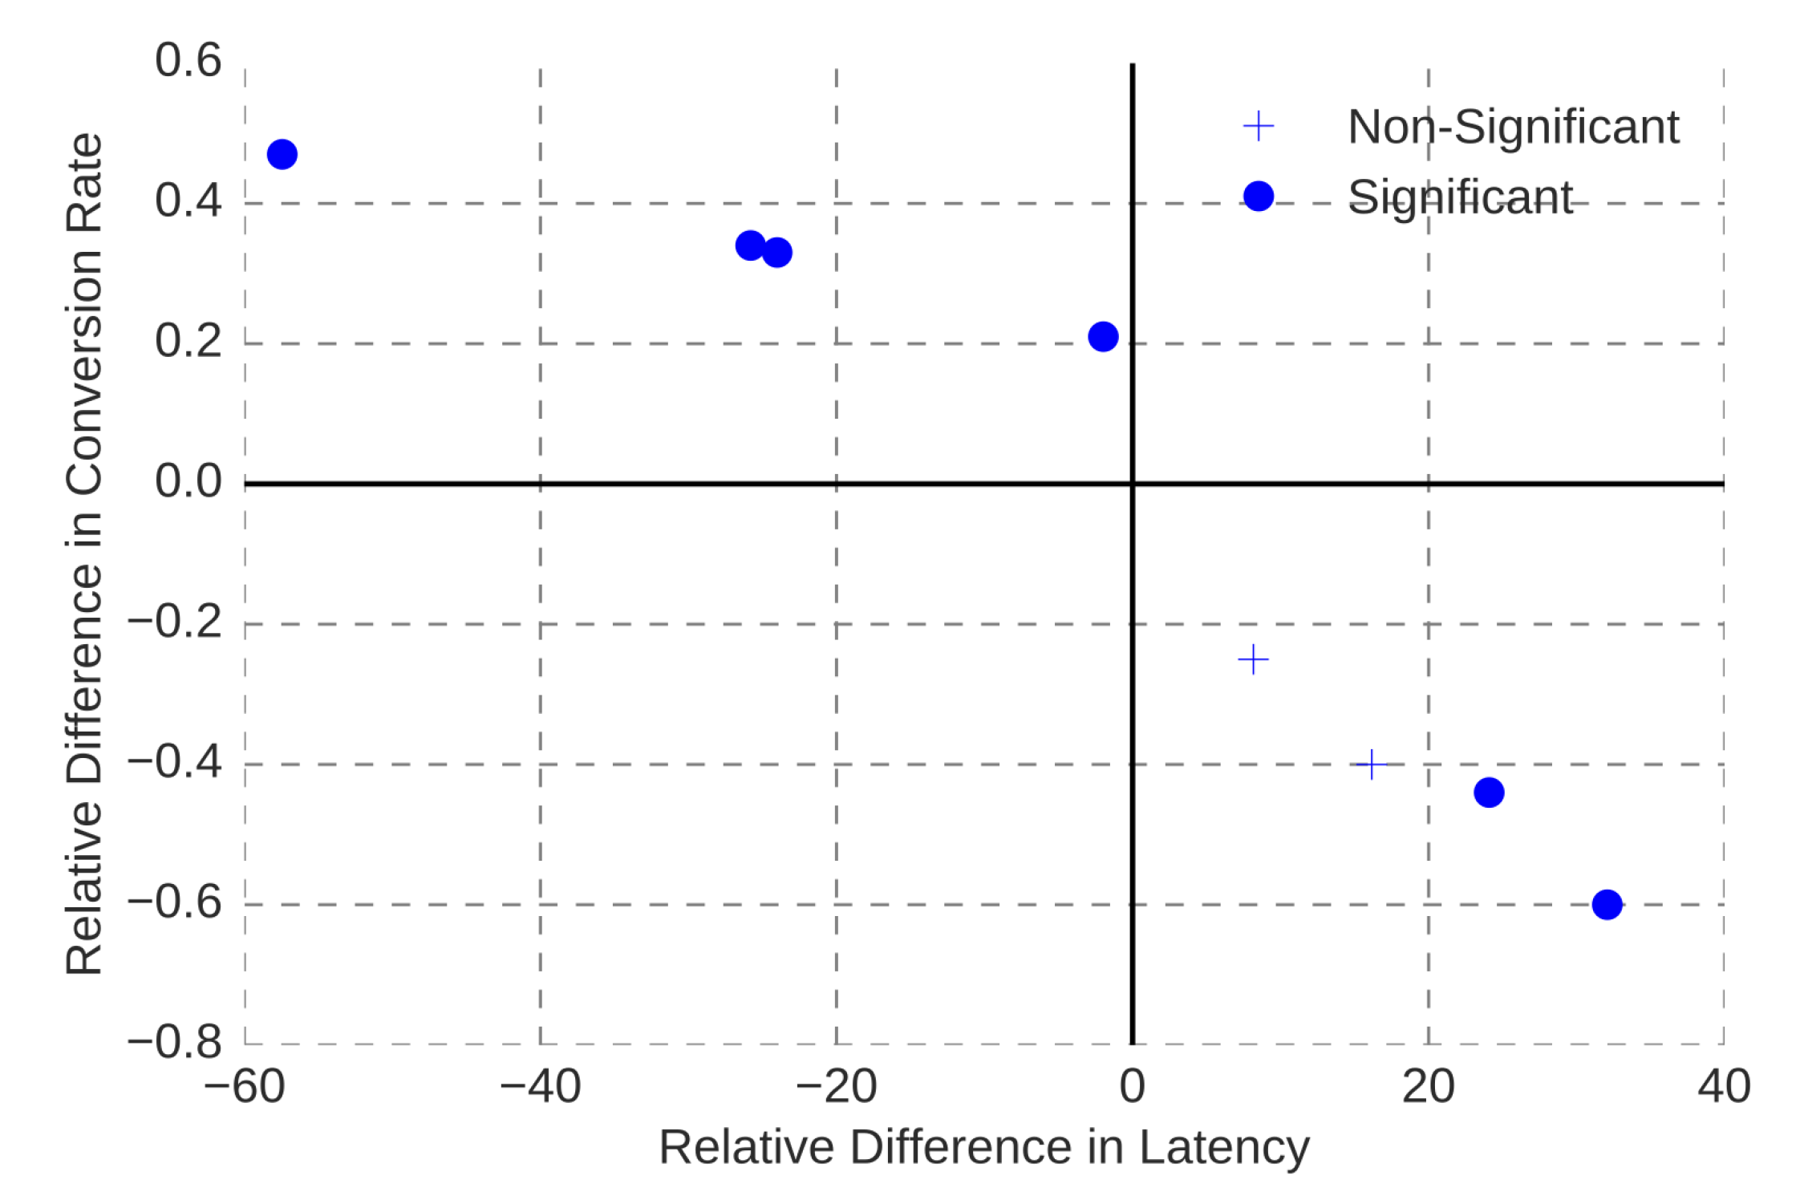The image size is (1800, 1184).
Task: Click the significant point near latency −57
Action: click(x=282, y=154)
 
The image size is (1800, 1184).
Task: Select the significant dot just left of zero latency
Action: click(x=1103, y=336)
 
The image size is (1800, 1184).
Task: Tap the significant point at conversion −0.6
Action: click(x=1607, y=905)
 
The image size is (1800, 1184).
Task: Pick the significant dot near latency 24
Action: click(x=1489, y=793)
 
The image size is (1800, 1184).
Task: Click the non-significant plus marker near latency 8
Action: click(x=1253, y=660)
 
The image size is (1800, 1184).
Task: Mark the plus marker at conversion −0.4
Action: click(x=1372, y=764)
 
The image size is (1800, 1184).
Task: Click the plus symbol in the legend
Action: click(x=1258, y=126)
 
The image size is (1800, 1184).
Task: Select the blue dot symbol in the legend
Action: click(x=1258, y=196)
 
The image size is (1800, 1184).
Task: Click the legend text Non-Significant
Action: click(x=1513, y=127)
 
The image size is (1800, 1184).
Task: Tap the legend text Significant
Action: click(x=1460, y=197)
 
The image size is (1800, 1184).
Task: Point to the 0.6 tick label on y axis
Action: click(x=189, y=60)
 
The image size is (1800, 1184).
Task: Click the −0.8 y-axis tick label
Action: click(x=175, y=1042)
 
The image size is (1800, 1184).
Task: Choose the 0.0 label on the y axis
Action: click(x=189, y=481)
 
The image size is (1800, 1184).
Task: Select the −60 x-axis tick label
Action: click(x=244, y=1087)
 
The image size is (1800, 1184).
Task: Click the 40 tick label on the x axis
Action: click(x=1724, y=1087)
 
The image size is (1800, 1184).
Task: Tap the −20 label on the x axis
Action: click(x=836, y=1087)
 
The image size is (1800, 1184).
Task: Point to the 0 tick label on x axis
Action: click(x=1132, y=1087)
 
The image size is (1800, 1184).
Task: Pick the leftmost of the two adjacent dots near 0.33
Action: click(x=750, y=245)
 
